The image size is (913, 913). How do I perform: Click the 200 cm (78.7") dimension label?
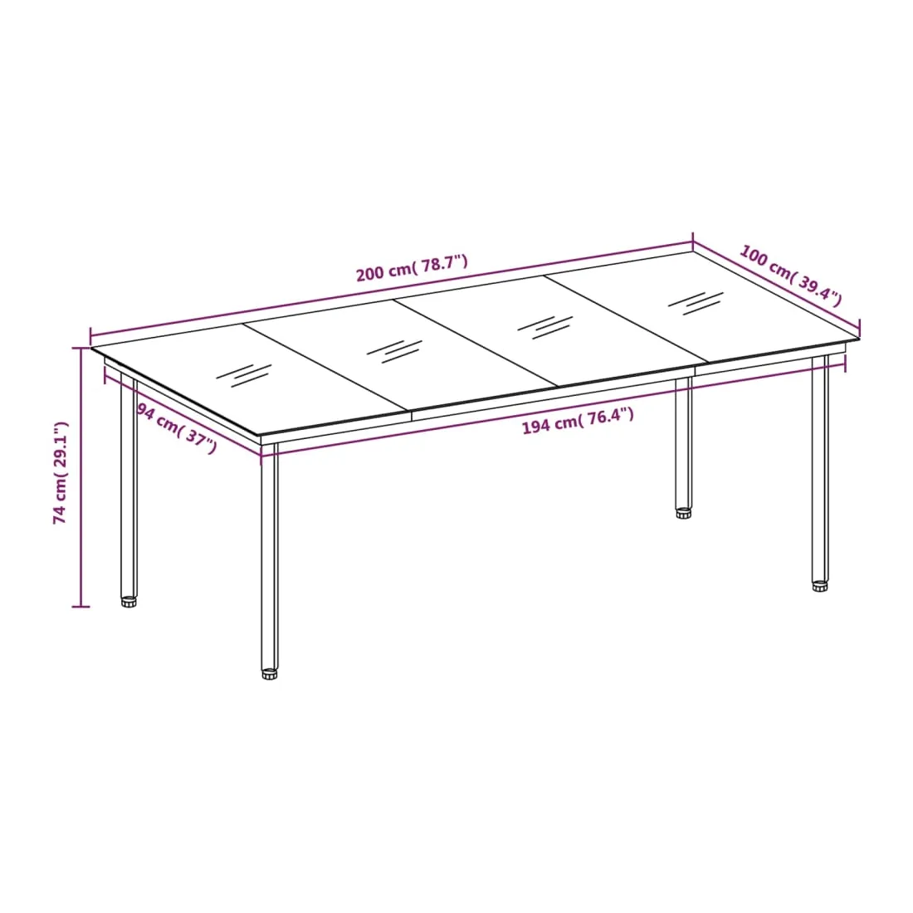click(412, 268)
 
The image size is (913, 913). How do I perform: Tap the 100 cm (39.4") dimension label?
click(791, 276)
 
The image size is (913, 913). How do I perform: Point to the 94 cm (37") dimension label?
click(177, 427)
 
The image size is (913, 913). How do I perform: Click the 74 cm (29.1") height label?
click(60, 473)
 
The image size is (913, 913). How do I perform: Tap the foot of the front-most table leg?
click(270, 674)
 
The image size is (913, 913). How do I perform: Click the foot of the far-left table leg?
click(129, 601)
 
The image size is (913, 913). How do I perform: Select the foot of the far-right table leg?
click(820, 586)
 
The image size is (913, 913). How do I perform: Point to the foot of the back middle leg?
click(684, 513)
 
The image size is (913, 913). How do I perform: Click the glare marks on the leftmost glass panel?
click(244, 375)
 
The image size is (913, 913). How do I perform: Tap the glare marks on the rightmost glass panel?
click(696, 303)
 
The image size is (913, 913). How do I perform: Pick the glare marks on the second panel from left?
click(394, 351)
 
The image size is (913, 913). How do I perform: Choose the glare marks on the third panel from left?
click(545, 327)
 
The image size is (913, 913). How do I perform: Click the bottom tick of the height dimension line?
click(81, 607)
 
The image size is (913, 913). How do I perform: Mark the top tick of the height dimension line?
click(81, 349)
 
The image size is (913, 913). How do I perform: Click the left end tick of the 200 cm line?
click(90, 336)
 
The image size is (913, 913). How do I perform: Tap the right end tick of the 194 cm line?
click(845, 364)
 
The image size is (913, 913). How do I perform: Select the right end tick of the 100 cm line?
click(859, 328)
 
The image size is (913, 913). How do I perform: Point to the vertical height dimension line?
click(81, 477)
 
